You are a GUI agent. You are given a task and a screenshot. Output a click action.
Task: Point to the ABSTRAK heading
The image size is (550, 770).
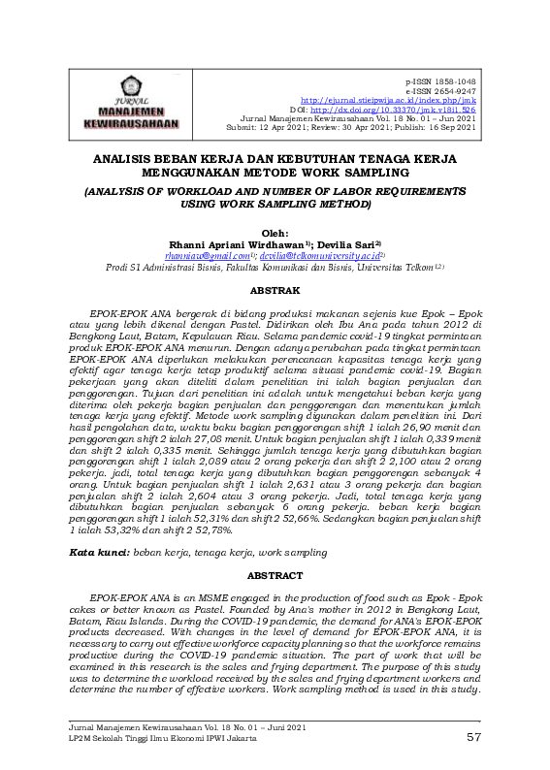pos(275,290)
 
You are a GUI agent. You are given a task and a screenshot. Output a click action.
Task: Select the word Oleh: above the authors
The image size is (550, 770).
pos(275,234)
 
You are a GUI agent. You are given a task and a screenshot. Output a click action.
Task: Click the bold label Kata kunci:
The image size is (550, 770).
pos(100,551)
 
